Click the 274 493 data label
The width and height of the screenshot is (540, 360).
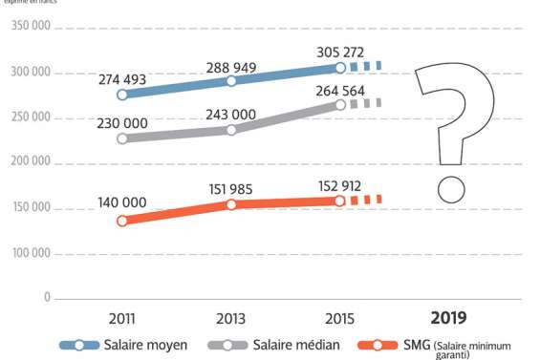(122, 79)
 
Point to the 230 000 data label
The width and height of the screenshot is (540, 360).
(122, 123)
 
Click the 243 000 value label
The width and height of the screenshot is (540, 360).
(231, 114)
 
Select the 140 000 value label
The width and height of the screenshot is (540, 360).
(122, 203)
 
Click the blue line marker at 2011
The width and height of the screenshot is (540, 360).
(122, 95)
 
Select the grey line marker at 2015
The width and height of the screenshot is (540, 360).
(339, 105)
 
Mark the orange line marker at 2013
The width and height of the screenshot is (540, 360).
(231, 205)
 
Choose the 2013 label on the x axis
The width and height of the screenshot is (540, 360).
(230, 318)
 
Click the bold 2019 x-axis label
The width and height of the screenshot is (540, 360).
(448, 318)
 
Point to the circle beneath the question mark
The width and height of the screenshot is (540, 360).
(449, 189)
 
